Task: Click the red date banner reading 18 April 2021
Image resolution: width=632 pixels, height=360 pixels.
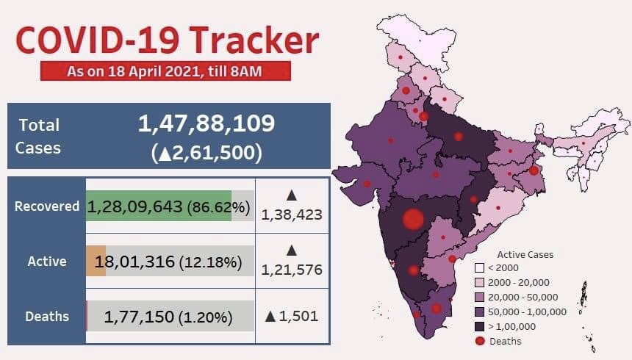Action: click(166, 71)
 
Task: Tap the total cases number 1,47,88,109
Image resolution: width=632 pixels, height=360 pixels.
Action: click(207, 123)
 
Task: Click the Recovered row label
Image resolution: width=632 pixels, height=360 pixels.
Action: click(47, 206)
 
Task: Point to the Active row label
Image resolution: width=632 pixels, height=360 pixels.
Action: click(47, 261)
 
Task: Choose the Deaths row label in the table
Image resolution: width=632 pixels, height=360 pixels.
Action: click(47, 317)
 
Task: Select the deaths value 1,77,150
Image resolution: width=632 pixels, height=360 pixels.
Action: click(139, 317)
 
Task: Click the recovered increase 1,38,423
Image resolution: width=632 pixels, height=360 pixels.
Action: click(292, 215)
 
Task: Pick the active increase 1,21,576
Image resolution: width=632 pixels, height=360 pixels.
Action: click(292, 270)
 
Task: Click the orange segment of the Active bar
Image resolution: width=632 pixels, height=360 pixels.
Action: click(96, 262)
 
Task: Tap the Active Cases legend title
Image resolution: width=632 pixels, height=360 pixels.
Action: click(525, 255)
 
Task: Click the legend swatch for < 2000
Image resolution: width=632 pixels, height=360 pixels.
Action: click(479, 268)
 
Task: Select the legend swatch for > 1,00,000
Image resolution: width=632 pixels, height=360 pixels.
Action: click(479, 326)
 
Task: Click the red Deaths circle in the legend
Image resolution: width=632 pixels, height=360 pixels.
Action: click(479, 341)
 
